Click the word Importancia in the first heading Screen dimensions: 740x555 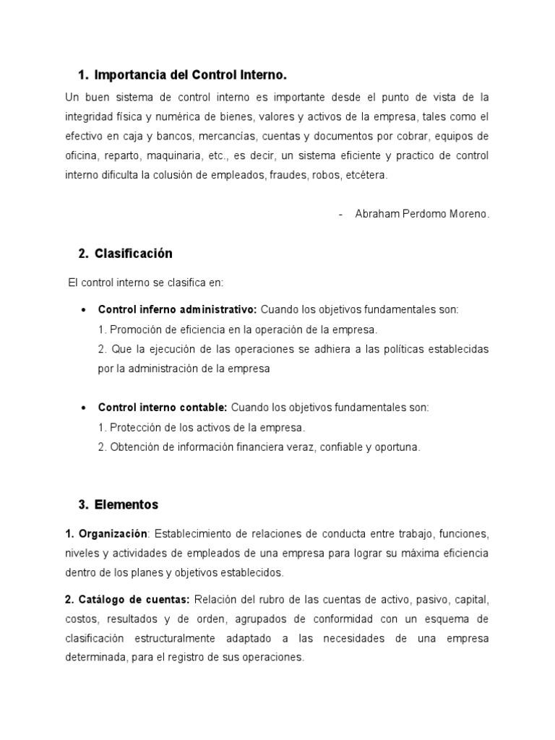129,75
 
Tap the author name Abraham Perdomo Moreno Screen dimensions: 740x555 422,215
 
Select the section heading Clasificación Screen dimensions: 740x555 134,254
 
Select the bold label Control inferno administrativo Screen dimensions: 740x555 177,309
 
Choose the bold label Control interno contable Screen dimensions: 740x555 163,407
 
